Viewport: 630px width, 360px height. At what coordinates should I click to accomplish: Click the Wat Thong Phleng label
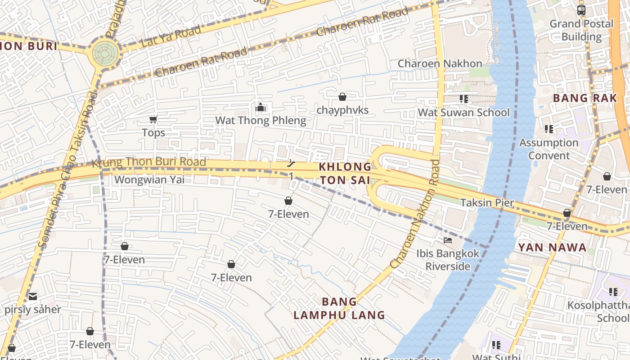pyautogui.click(x=261, y=120)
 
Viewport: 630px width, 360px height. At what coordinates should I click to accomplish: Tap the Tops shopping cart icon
pyautogui.click(x=153, y=119)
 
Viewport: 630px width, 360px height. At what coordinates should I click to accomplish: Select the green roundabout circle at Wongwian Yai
pyautogui.click(x=105, y=53)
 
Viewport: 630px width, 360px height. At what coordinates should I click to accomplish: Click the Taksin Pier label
pyautogui.click(x=487, y=202)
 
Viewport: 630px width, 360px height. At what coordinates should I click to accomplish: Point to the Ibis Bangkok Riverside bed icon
pyautogui.click(x=448, y=240)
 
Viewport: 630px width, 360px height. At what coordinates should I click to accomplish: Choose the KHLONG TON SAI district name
pyautogui.click(x=345, y=173)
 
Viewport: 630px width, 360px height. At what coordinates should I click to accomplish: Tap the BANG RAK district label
pyautogui.click(x=585, y=98)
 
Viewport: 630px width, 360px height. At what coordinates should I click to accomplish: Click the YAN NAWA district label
pyautogui.click(x=552, y=247)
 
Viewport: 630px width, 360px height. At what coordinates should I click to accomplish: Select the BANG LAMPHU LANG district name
pyautogui.click(x=339, y=308)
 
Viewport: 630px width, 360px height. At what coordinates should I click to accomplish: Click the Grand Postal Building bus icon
pyautogui.click(x=581, y=10)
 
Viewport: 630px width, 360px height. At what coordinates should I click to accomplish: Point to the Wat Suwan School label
pyautogui.click(x=463, y=112)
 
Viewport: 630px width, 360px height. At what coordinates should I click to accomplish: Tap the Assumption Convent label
pyautogui.click(x=549, y=149)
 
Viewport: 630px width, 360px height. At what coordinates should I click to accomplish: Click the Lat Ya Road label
pyautogui.click(x=171, y=37)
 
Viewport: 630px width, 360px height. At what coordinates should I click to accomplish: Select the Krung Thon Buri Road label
pyautogui.click(x=149, y=162)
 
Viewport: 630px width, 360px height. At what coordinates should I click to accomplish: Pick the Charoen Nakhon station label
pyautogui.click(x=440, y=63)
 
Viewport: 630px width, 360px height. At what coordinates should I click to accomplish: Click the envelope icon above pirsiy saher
pyautogui.click(x=32, y=297)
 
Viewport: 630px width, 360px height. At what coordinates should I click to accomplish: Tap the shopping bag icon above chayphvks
pyautogui.click(x=342, y=97)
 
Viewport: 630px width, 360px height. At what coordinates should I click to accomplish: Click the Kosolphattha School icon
pyautogui.click(x=613, y=292)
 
